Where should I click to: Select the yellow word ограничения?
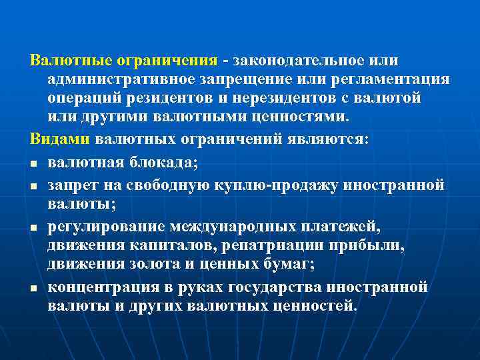point(167,61)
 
